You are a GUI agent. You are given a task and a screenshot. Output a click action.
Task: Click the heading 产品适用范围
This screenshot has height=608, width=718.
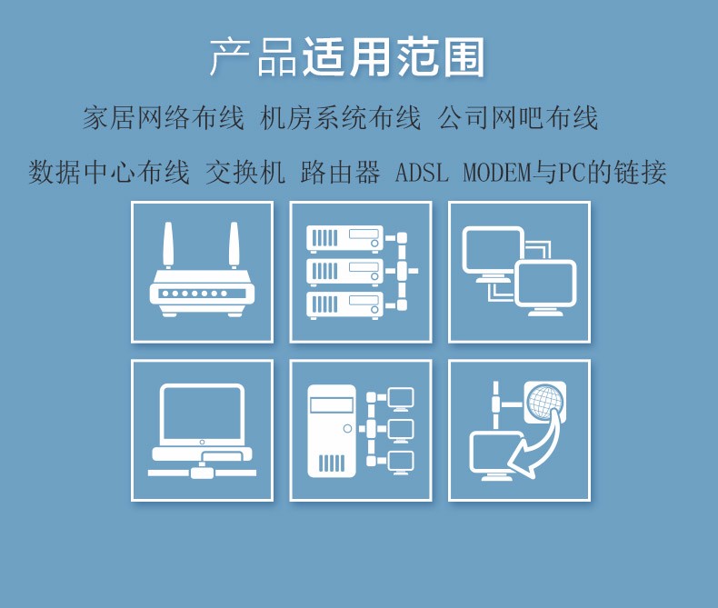point(347,57)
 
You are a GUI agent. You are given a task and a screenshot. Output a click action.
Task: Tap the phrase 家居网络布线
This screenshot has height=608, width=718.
point(164,117)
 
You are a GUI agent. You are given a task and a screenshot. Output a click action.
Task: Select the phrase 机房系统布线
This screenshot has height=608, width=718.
point(340,117)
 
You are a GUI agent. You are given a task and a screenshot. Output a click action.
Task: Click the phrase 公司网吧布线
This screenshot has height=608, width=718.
point(518,117)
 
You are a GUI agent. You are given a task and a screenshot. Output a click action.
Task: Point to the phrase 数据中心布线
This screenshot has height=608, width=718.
point(109,172)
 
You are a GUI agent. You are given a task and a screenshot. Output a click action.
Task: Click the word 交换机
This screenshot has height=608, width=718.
point(245,172)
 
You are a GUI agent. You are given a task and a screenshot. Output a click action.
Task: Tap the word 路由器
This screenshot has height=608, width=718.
point(340,172)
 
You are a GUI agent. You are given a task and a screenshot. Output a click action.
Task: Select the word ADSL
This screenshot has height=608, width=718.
point(422,173)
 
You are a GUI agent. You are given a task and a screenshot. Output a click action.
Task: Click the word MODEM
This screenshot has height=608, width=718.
point(497,173)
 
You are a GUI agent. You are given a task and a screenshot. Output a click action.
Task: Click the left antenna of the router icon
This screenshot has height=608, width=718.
point(168,245)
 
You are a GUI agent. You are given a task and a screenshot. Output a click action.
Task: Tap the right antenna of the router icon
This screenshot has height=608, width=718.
point(234,245)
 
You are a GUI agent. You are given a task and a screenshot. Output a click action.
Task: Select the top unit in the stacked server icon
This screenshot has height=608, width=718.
point(344,239)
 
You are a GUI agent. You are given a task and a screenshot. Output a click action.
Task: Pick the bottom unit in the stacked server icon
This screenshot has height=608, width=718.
point(344,305)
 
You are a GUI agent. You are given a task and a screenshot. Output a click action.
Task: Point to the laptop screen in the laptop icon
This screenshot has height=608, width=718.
point(202,414)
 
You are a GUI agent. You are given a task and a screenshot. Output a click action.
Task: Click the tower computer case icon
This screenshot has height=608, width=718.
point(332,431)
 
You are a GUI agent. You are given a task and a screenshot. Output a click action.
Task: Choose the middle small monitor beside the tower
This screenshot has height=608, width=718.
point(401,431)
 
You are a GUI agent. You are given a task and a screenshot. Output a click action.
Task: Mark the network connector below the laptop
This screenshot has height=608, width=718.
point(202,471)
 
